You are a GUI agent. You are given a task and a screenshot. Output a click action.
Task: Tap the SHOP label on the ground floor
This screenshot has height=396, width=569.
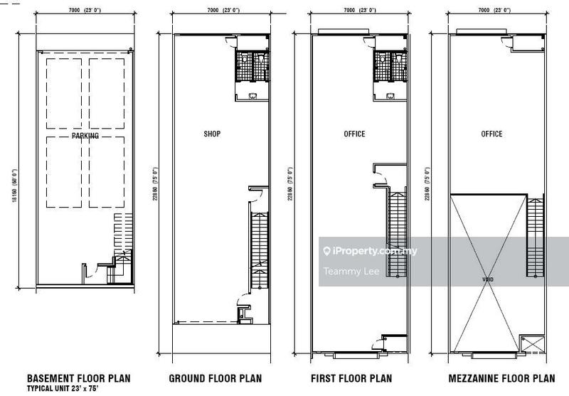click(x=212, y=134)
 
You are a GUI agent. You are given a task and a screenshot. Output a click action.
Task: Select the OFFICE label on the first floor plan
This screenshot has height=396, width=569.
click(x=353, y=134)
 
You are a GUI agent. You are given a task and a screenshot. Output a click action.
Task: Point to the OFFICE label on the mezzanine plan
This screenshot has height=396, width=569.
click(x=491, y=134)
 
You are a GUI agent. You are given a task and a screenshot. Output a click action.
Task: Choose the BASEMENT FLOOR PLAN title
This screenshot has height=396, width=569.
click(x=78, y=379)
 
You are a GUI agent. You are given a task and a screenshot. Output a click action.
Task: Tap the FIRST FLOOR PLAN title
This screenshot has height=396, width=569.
click(x=353, y=379)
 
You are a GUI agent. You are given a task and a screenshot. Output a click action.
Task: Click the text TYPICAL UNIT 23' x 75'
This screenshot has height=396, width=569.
click(x=63, y=390)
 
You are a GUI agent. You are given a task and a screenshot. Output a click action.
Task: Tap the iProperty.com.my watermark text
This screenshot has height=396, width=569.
click(x=374, y=251)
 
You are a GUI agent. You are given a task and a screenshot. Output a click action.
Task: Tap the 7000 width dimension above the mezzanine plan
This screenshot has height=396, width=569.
click(x=491, y=11)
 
